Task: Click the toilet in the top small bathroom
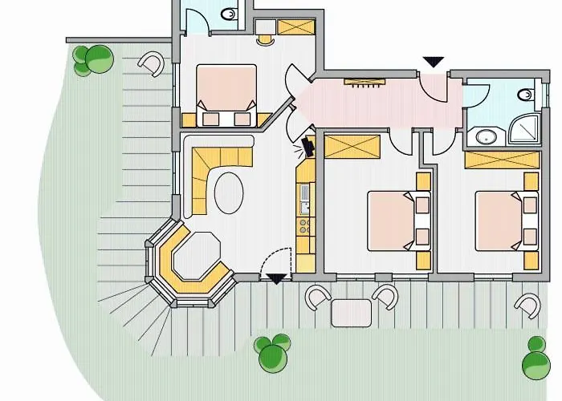pos(229,14)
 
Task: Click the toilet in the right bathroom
pos(526,95)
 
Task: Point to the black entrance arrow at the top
pos(434,62)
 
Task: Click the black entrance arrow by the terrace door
pos(277,278)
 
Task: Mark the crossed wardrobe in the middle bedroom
pos(352,148)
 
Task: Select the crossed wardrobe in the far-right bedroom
pos(501,158)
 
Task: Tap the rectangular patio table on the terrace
pos(352,312)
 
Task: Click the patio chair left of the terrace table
pos(318,298)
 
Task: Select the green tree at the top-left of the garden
pos(92,60)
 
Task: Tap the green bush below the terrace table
pos(272,353)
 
